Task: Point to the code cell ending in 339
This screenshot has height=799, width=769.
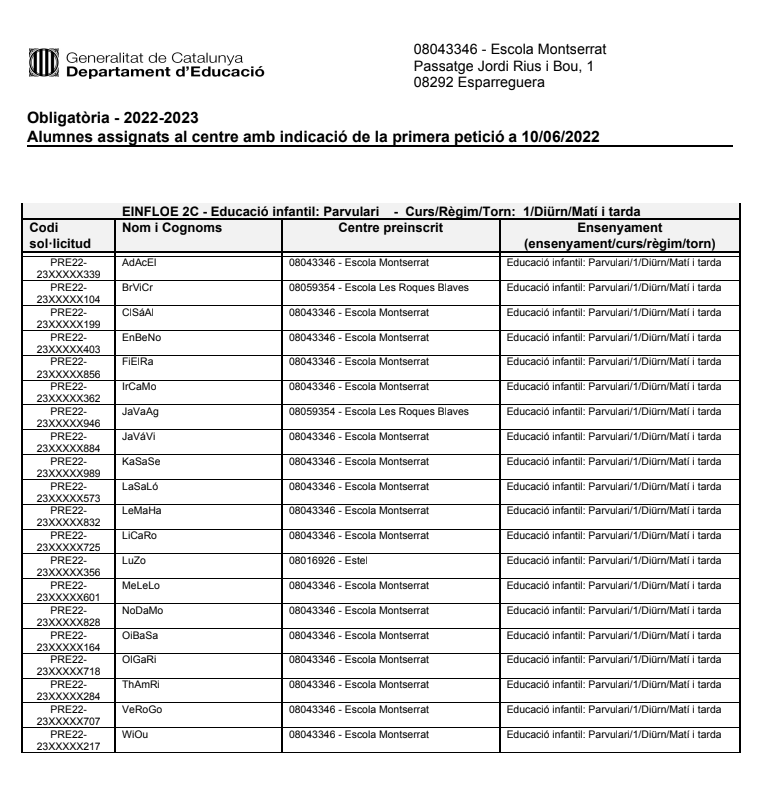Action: (68, 268)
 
